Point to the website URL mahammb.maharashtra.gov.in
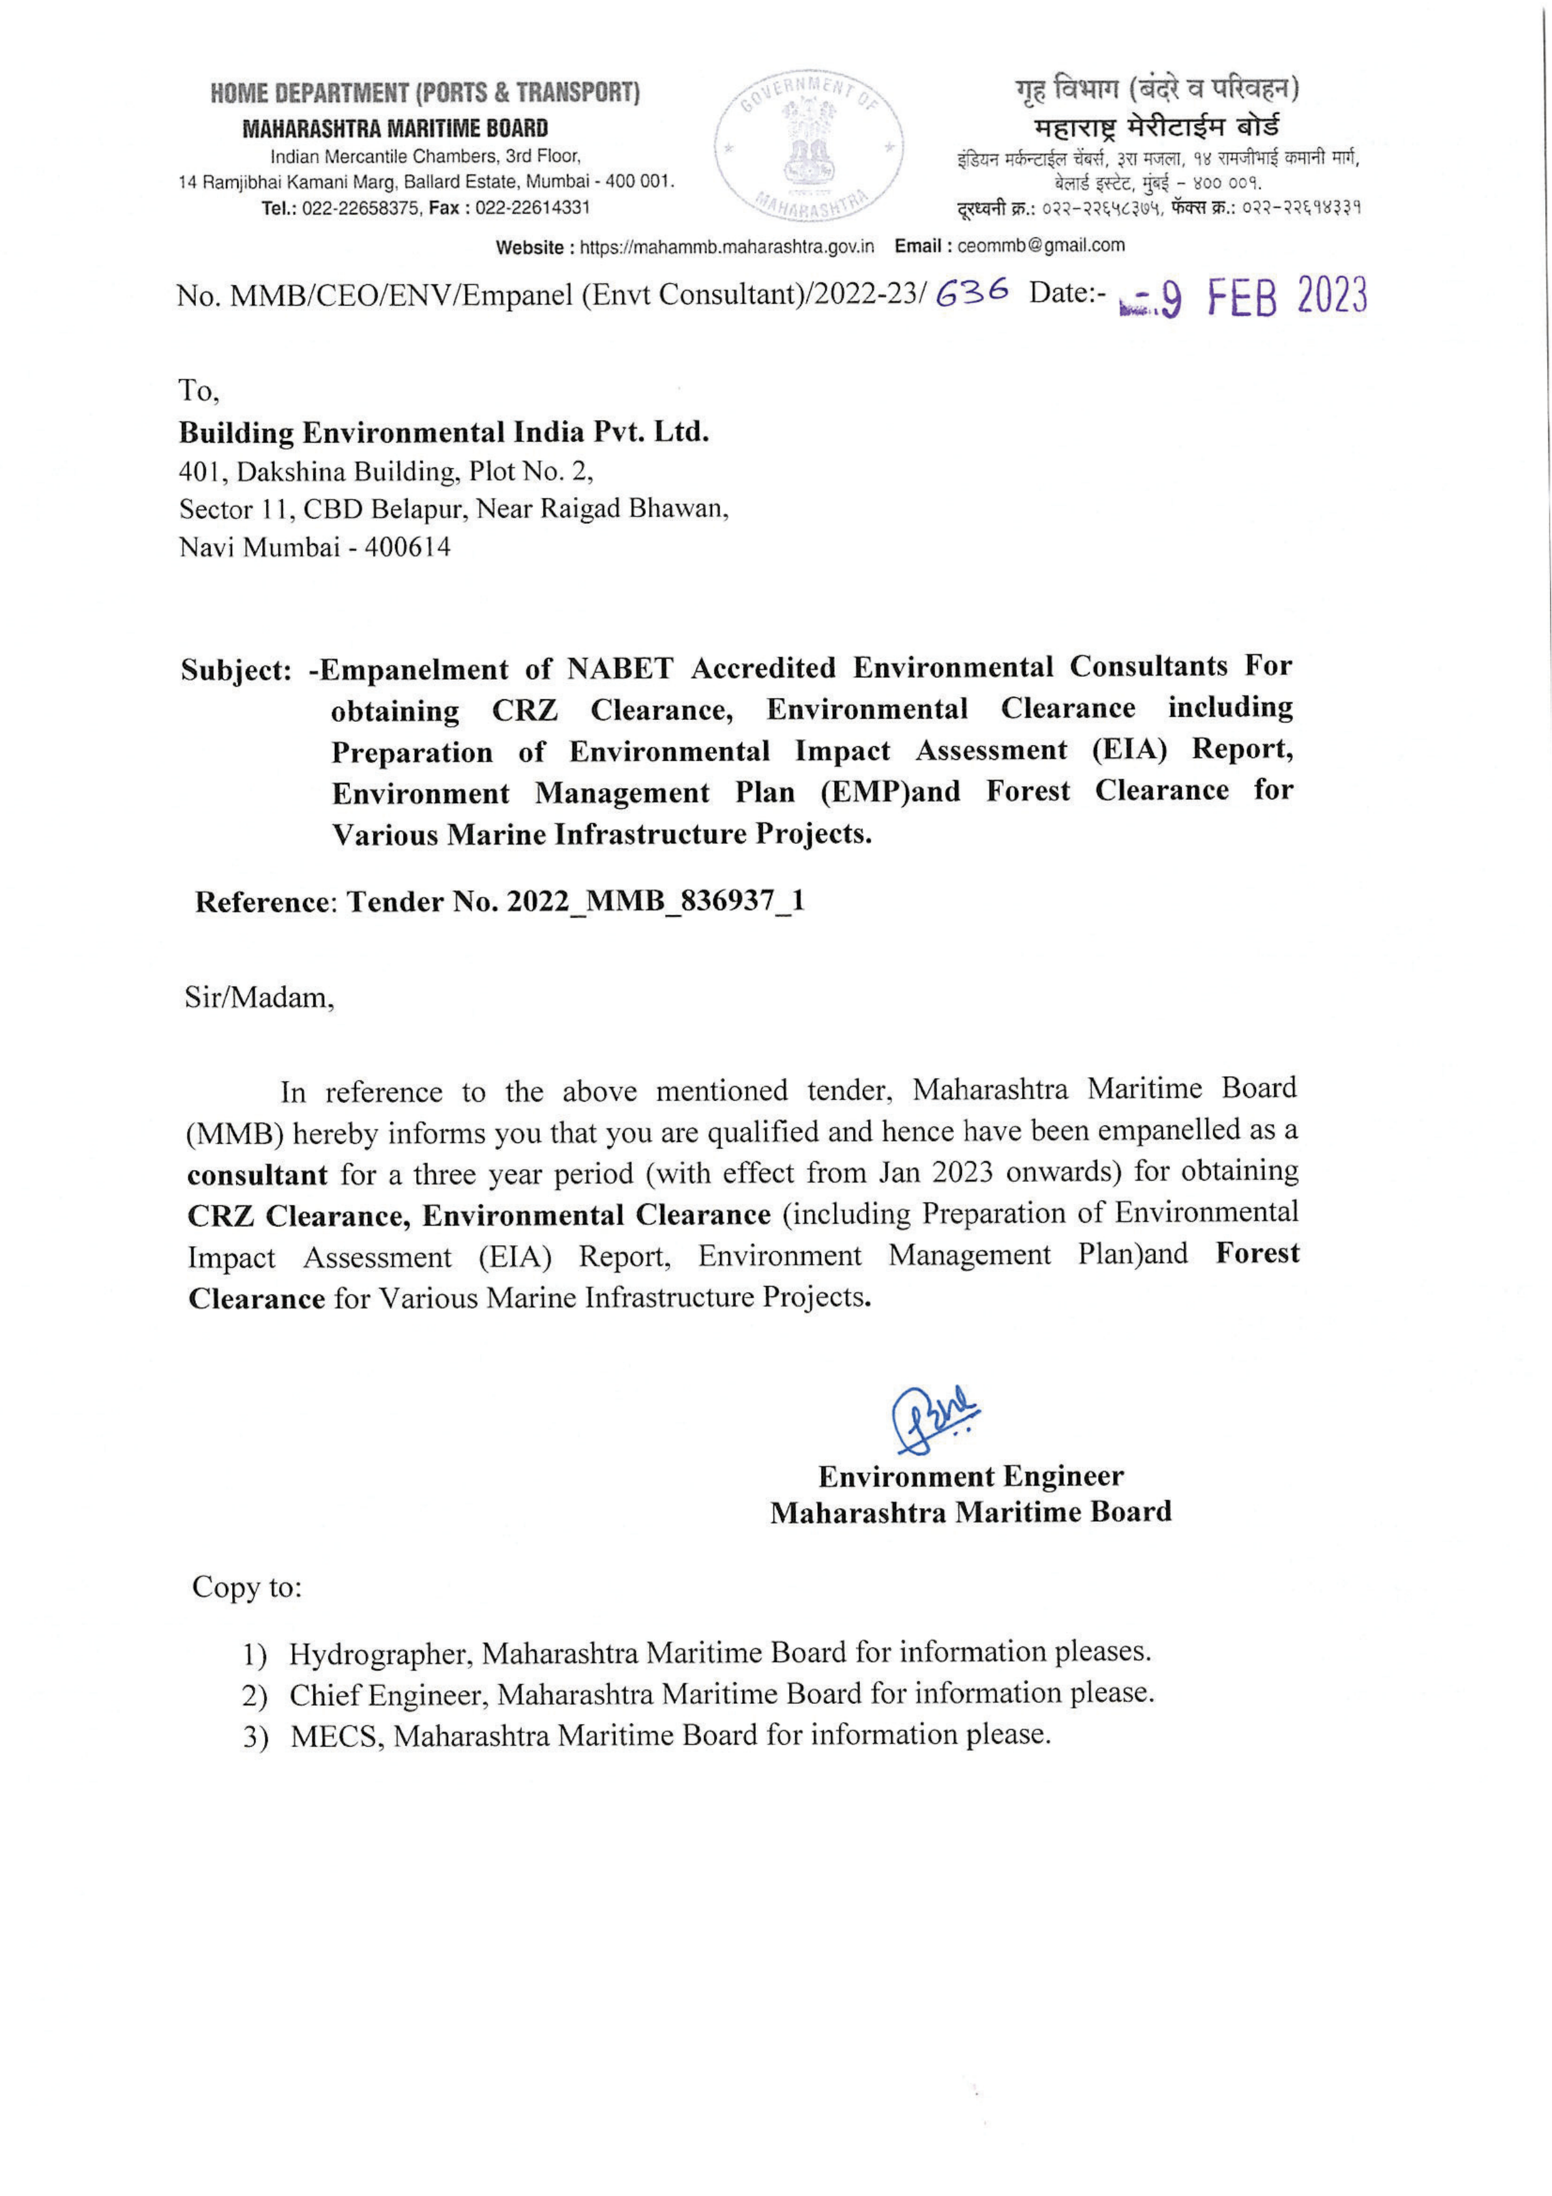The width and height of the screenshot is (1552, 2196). pos(727,247)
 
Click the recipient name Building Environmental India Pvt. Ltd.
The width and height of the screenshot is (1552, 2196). pos(444,433)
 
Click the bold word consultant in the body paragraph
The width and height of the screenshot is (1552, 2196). pos(257,1174)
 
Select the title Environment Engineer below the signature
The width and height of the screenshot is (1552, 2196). pos(971,1476)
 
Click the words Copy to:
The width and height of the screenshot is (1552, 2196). pos(247,1587)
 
